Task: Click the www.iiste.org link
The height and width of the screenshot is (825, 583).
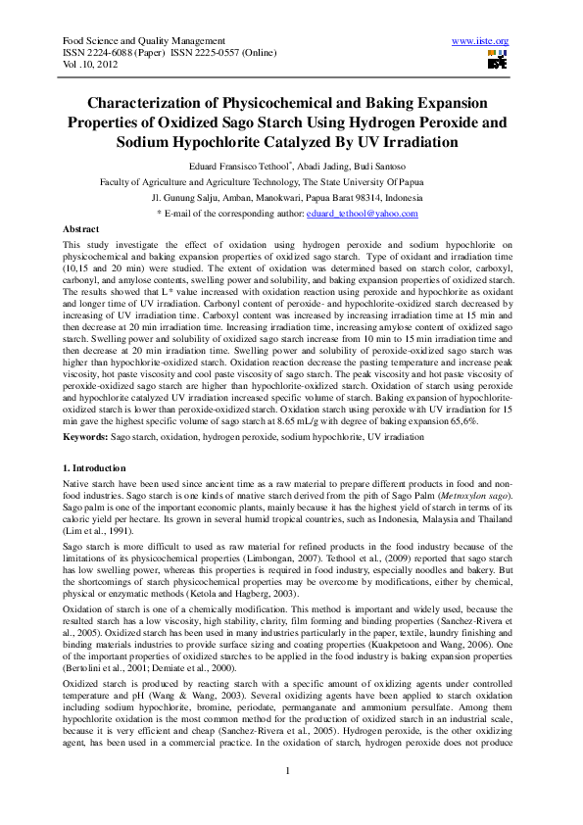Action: point(479,40)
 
